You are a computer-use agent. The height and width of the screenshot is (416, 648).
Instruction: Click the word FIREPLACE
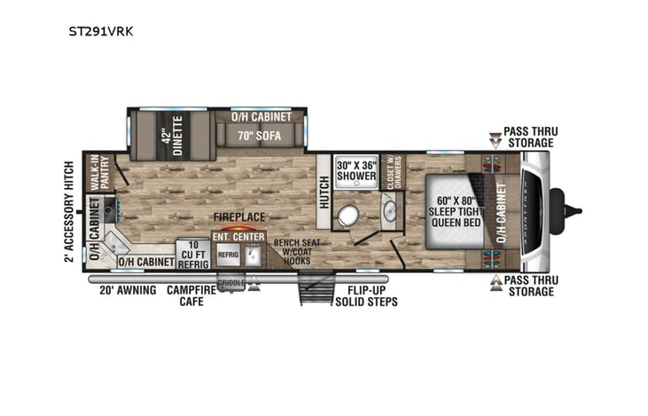[x=238, y=216]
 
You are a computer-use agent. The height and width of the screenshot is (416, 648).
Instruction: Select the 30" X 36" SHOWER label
[x=355, y=169]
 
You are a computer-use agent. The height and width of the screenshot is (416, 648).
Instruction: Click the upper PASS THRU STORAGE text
[x=528, y=137]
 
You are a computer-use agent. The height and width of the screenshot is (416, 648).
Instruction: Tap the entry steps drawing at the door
[x=313, y=287]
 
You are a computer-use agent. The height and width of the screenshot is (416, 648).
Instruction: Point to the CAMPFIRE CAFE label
[x=192, y=294]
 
